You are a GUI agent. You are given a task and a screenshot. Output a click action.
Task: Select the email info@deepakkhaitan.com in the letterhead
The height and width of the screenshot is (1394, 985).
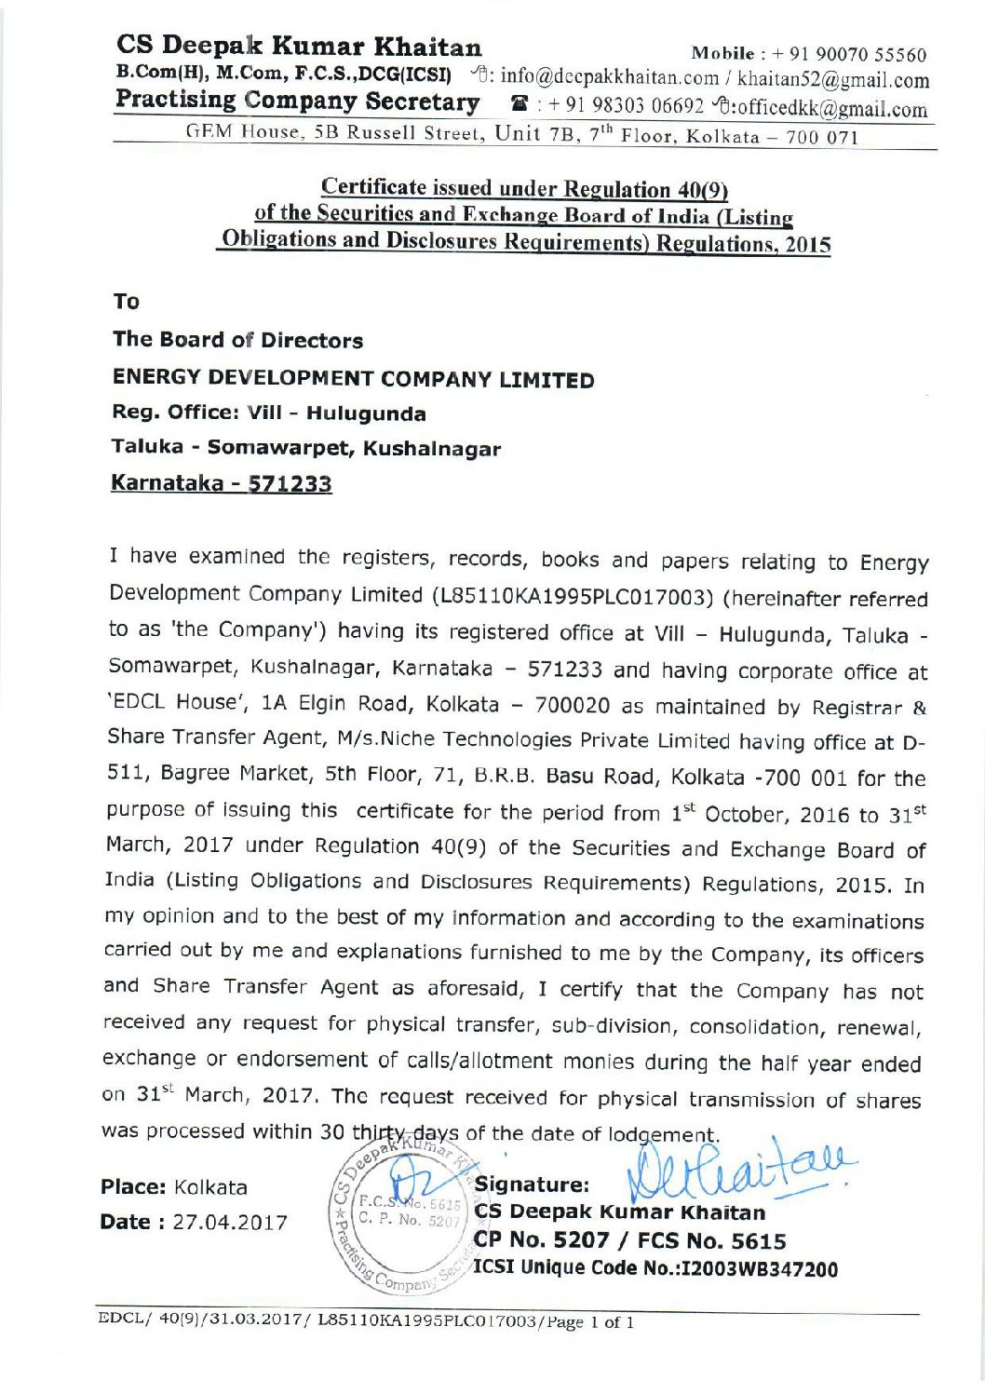(597, 78)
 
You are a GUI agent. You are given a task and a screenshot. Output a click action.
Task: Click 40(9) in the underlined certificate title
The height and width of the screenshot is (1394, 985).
(699, 189)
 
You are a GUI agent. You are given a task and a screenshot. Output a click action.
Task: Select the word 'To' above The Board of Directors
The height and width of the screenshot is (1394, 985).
(126, 302)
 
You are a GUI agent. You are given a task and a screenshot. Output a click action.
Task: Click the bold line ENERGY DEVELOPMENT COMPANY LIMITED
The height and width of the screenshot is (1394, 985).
(353, 380)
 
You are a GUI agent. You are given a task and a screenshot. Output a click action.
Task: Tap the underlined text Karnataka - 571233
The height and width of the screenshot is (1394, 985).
(222, 484)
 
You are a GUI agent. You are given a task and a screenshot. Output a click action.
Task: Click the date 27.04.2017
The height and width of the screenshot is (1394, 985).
(230, 1223)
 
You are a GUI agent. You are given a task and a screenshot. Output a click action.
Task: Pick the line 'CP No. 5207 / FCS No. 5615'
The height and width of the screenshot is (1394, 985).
(630, 1241)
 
